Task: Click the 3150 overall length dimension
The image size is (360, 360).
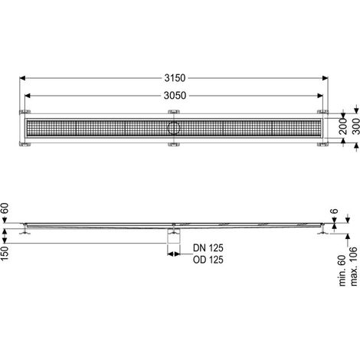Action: pyautogui.click(x=175, y=78)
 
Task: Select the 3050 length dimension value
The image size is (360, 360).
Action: pyautogui.click(x=175, y=96)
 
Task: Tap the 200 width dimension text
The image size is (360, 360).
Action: pyautogui.click(x=343, y=126)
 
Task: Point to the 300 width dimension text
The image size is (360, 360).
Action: pyautogui.click(x=356, y=126)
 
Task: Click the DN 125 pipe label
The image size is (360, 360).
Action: pyautogui.click(x=208, y=248)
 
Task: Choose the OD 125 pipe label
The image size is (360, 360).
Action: pyautogui.click(x=208, y=260)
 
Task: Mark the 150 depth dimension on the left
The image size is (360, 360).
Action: pyautogui.click(x=5, y=254)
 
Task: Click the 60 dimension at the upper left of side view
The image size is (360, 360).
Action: pyautogui.click(x=5, y=208)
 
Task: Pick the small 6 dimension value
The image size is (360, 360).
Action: pyautogui.click(x=334, y=211)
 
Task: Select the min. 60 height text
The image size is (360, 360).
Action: pyautogui.click(x=342, y=270)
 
